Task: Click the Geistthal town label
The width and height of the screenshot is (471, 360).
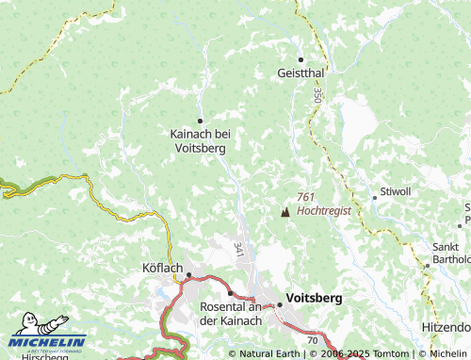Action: click(x=301, y=73)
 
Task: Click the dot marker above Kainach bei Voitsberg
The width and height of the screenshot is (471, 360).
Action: click(x=200, y=121)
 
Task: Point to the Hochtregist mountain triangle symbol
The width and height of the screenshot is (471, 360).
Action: click(x=285, y=211)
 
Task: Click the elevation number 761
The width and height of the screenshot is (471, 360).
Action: click(x=305, y=197)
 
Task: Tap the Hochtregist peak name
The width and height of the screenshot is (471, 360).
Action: click(x=323, y=211)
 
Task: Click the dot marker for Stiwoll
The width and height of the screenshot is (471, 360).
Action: click(x=374, y=197)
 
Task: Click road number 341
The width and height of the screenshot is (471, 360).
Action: click(x=237, y=250)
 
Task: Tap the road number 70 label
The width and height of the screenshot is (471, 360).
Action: click(x=313, y=338)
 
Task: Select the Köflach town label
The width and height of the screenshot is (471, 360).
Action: click(x=161, y=269)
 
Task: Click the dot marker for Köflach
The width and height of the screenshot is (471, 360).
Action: click(x=189, y=276)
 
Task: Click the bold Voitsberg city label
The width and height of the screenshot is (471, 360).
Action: click(x=314, y=297)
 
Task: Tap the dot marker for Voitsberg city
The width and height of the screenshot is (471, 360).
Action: click(x=279, y=303)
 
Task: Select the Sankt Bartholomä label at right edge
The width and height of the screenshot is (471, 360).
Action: click(x=450, y=254)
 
